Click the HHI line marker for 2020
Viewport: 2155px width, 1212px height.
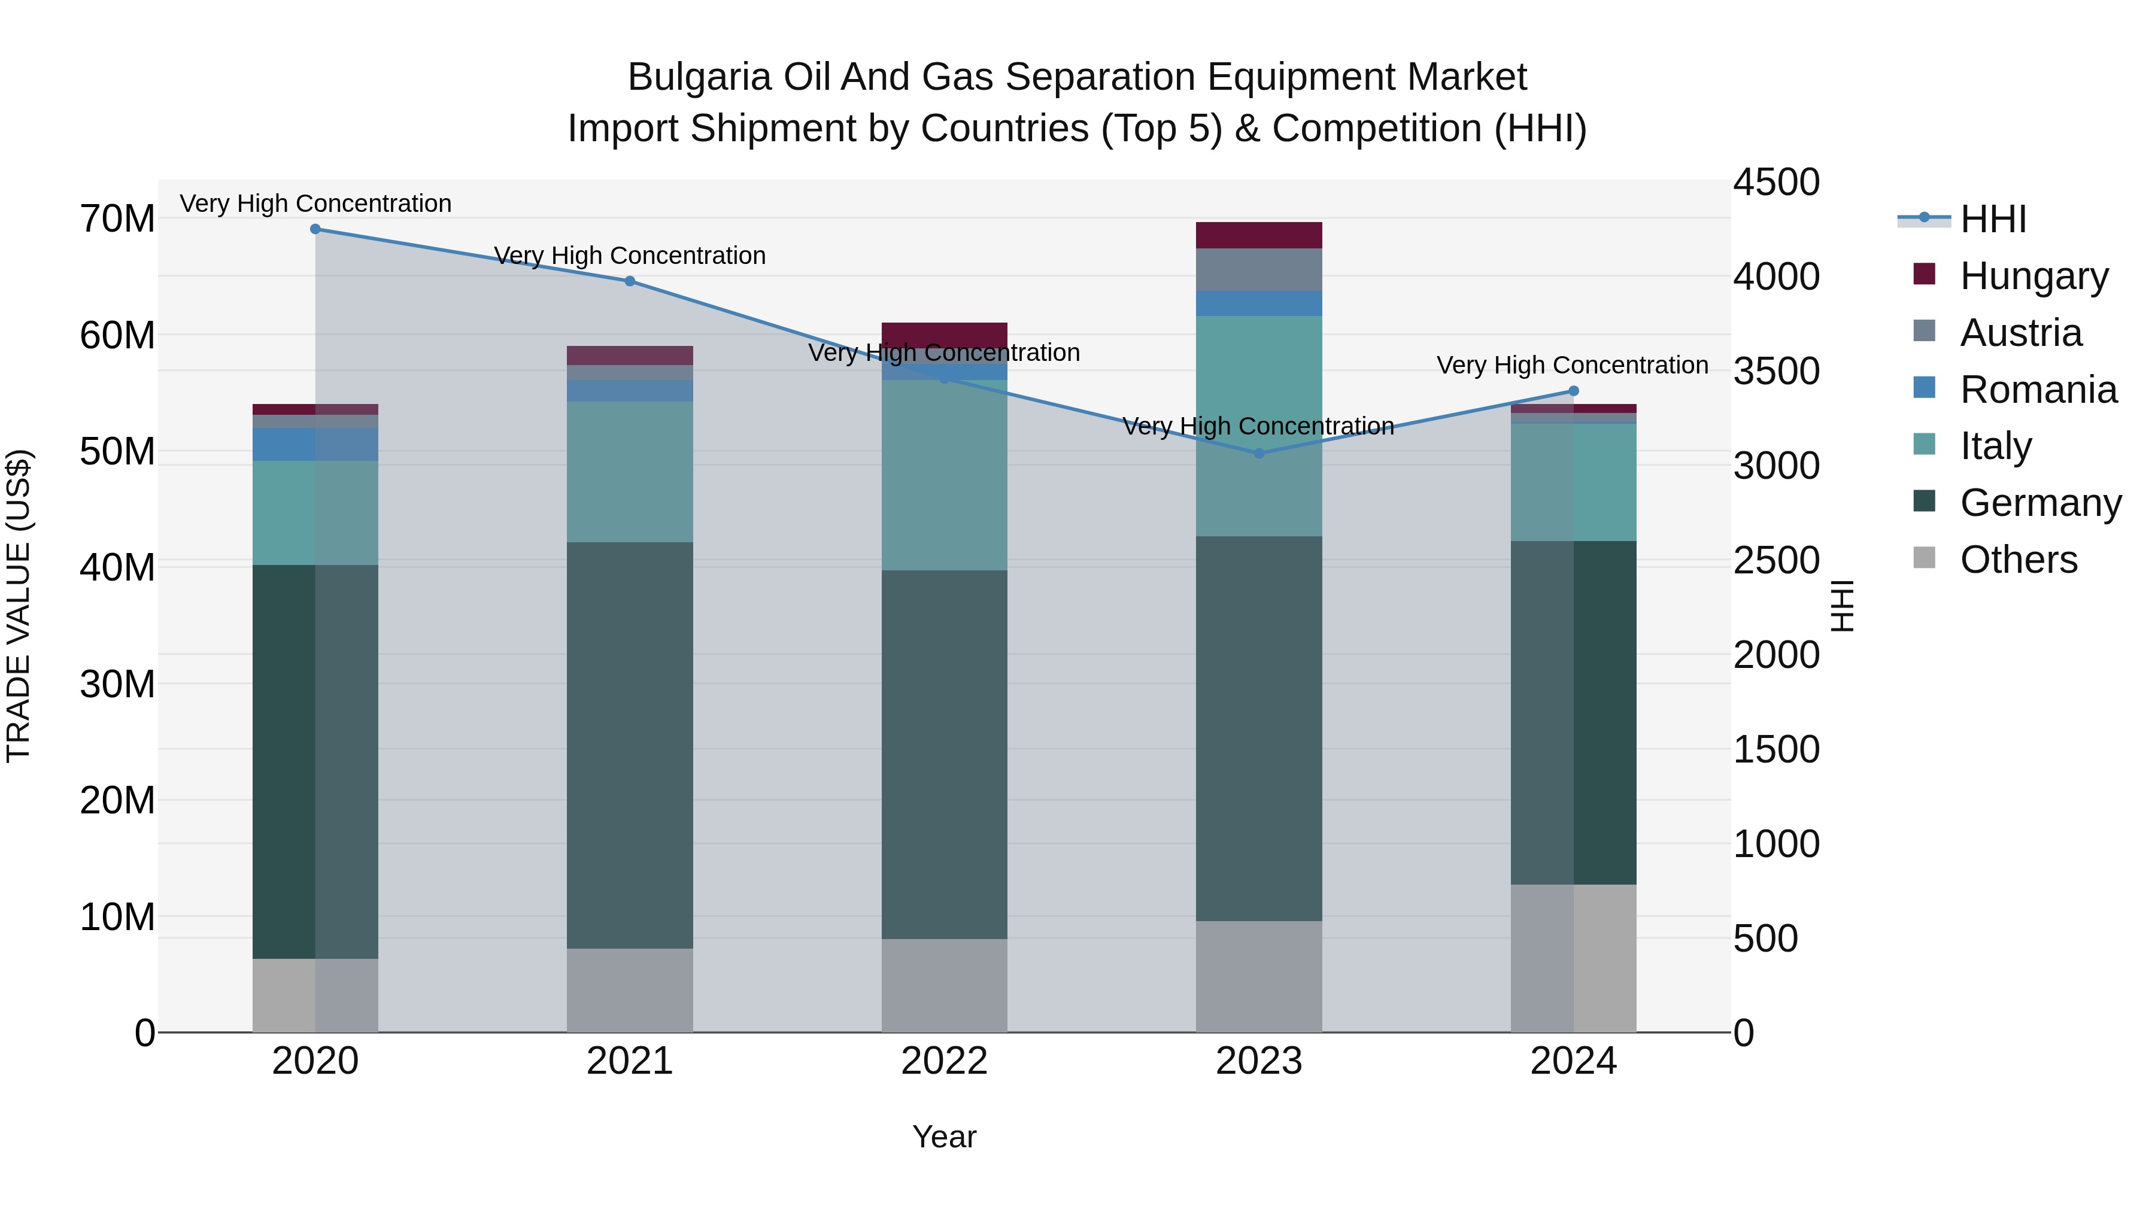tap(315, 229)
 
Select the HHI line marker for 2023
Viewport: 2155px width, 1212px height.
tap(1259, 453)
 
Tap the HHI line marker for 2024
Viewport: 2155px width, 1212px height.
tap(1574, 391)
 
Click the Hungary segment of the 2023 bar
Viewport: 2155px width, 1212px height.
tap(1259, 235)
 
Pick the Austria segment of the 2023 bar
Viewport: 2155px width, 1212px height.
tap(1259, 269)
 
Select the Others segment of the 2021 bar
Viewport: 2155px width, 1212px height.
tap(630, 991)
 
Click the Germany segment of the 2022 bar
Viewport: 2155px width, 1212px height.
tap(945, 755)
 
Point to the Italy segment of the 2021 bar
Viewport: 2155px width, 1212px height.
tap(630, 472)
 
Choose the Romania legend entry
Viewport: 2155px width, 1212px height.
tap(2038, 390)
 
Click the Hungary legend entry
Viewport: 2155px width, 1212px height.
tap(2033, 276)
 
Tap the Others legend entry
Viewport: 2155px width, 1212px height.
tap(2018, 560)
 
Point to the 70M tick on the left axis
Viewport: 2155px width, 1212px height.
tap(117, 219)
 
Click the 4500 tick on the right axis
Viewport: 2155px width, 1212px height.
tap(1775, 183)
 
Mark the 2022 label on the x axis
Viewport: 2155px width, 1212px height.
tap(945, 1061)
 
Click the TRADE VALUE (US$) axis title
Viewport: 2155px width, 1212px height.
tap(19, 606)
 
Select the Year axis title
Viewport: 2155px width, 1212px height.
tap(945, 1137)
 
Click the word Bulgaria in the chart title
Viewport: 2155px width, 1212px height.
tap(699, 77)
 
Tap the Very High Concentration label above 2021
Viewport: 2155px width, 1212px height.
tap(630, 255)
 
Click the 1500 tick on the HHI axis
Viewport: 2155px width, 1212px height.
tap(1775, 749)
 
